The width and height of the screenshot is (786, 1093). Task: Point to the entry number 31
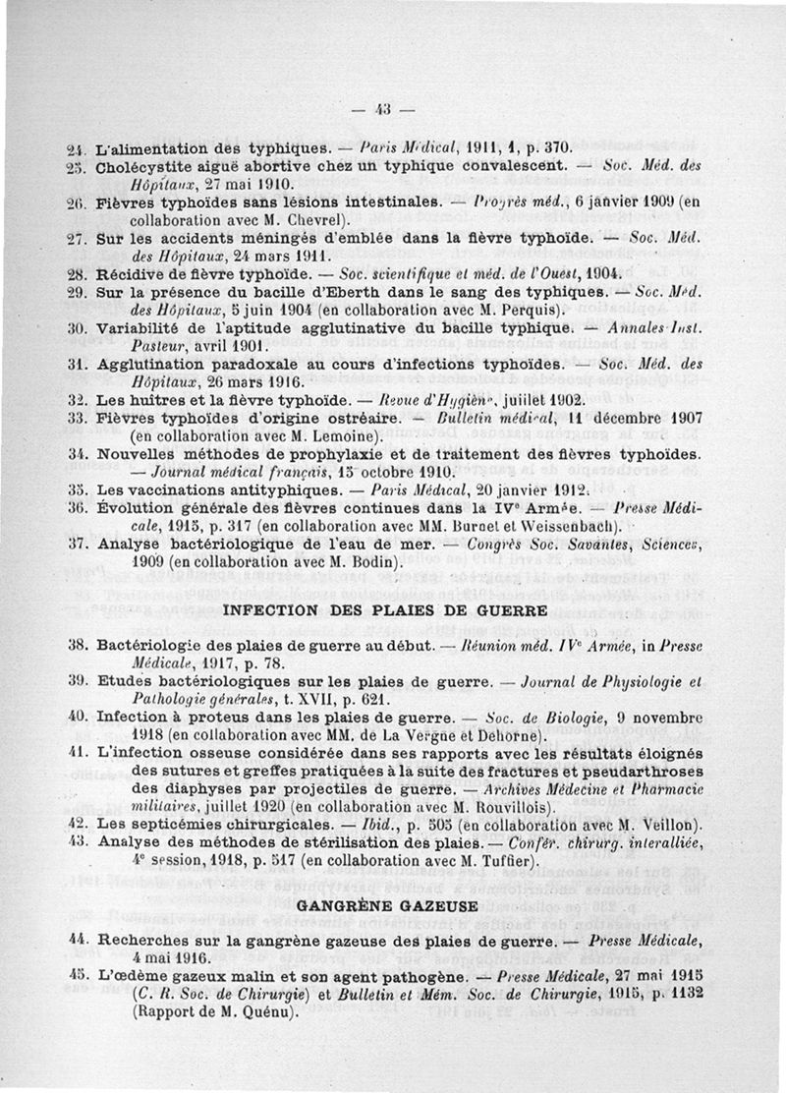click(79, 364)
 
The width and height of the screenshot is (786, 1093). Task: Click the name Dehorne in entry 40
click(505, 734)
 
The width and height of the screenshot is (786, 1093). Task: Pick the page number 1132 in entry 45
click(685, 993)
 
